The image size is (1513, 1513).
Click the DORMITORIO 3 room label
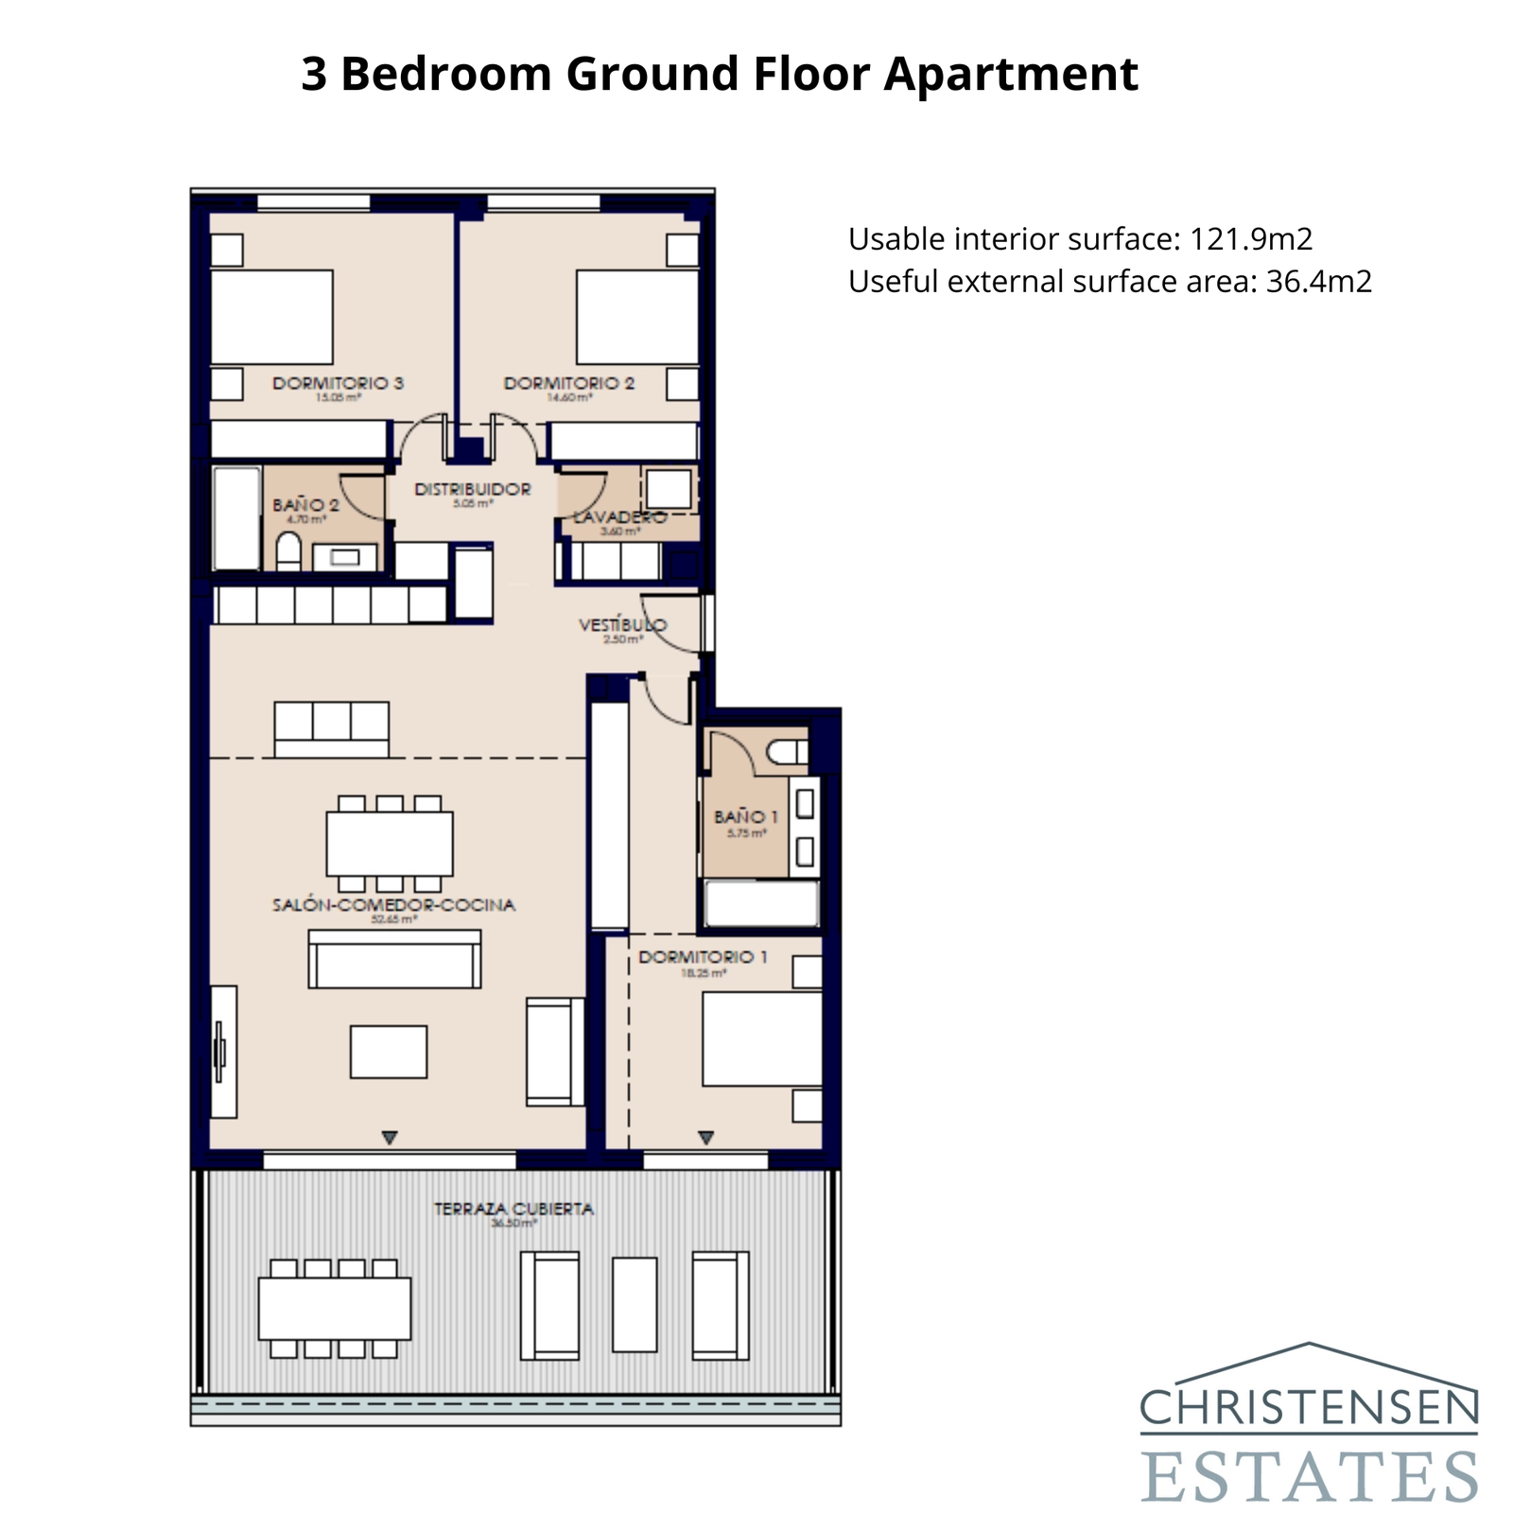click(338, 383)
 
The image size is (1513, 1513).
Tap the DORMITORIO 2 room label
click(568, 383)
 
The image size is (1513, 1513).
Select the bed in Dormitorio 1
click(761, 1038)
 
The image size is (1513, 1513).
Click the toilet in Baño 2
click(288, 552)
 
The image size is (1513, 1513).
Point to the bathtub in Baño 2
click(236, 518)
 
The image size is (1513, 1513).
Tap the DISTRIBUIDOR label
click(472, 489)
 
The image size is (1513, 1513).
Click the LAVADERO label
click(619, 517)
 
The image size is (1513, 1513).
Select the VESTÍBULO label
click(622, 625)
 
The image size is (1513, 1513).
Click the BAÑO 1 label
click(746, 816)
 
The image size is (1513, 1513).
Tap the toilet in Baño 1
click(787, 753)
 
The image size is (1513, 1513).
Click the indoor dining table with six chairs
click(389, 843)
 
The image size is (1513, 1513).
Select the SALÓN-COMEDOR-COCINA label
click(393, 905)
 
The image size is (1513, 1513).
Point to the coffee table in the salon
click(388, 1052)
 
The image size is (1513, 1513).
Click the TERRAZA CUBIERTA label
click(513, 1209)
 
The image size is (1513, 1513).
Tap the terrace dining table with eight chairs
click(334, 1309)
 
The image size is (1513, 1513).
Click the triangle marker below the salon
click(389, 1138)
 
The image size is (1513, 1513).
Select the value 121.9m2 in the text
click(1250, 239)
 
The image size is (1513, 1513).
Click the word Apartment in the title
click(1011, 74)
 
